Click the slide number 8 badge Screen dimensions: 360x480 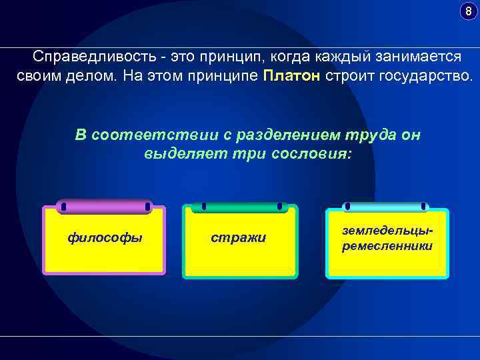(x=468, y=11)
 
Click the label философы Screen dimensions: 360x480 (x=105, y=237)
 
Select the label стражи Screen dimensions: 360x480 (x=238, y=237)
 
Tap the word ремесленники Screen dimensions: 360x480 (x=387, y=246)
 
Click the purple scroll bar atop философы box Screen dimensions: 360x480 (x=104, y=207)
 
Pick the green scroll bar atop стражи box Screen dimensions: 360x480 (x=241, y=207)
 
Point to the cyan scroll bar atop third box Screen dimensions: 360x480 (x=385, y=207)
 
